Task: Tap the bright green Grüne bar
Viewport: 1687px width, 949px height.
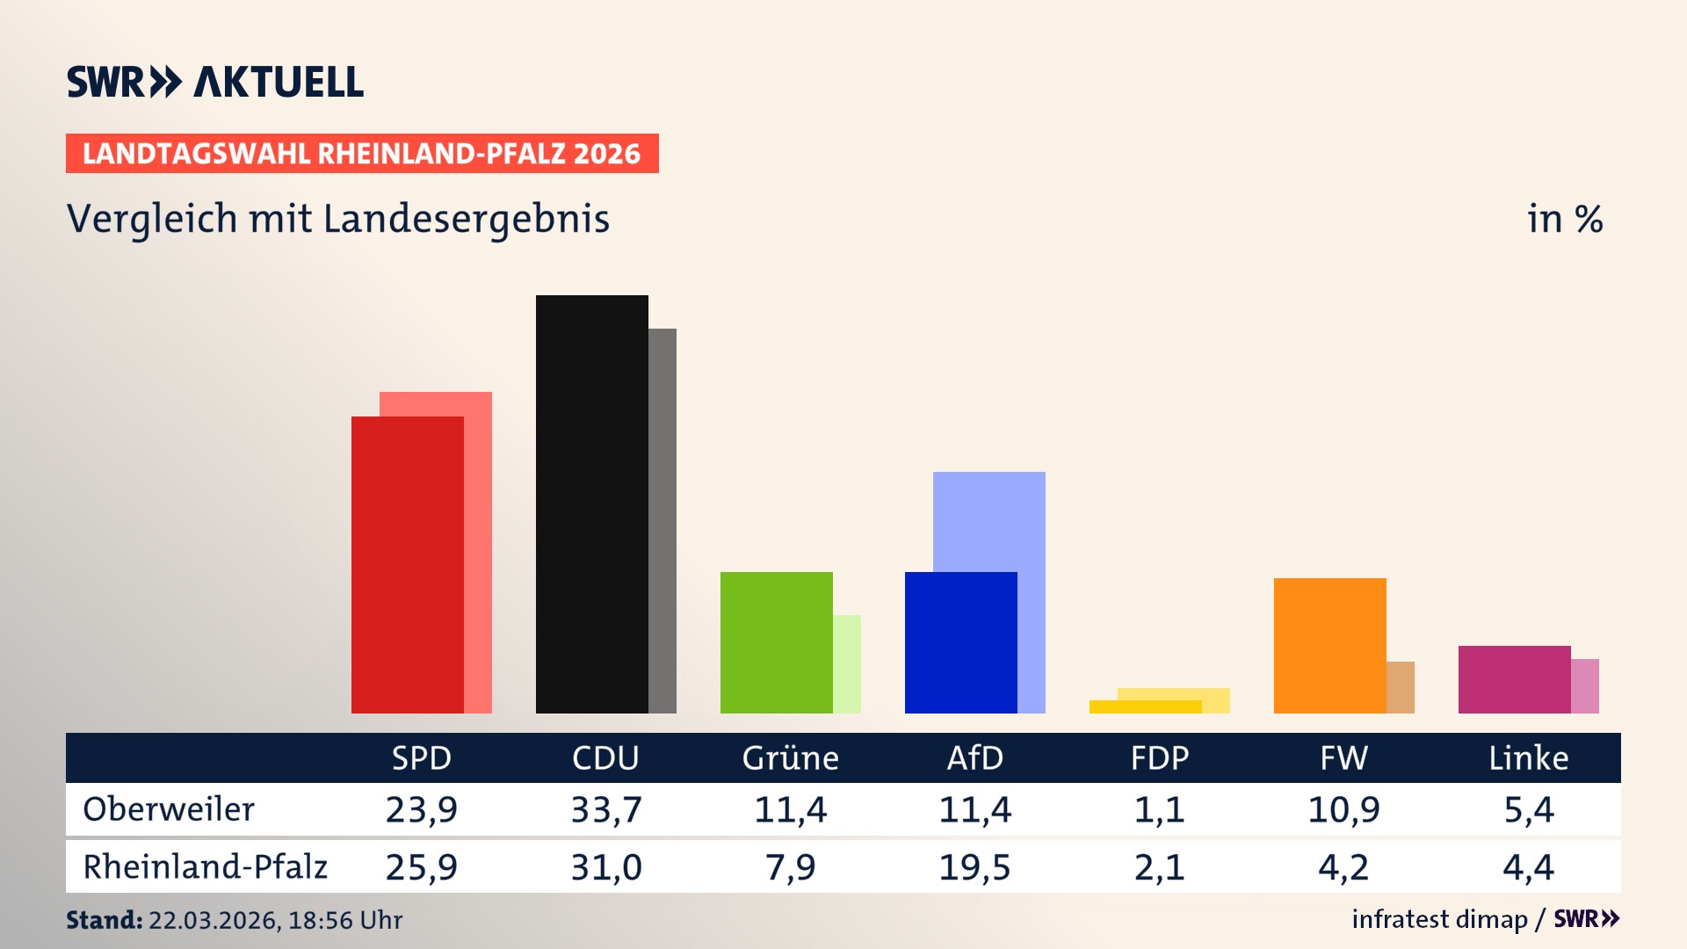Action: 776,642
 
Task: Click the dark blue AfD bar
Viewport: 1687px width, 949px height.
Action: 960,642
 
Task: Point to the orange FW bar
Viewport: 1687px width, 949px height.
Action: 1329,645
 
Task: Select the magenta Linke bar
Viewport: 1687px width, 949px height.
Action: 1514,679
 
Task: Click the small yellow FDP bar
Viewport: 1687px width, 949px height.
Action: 1145,706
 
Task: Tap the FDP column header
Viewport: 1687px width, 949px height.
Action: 1159,757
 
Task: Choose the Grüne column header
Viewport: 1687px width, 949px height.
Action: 790,757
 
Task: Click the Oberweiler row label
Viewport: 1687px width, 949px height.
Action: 169,809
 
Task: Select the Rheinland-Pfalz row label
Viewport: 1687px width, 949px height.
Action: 205,867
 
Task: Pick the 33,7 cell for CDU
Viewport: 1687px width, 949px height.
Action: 606,809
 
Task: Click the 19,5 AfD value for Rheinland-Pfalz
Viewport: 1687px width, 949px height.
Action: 974,867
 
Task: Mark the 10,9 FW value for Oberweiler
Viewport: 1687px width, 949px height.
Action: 1343,809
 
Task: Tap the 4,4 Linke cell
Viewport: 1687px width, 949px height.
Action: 1528,867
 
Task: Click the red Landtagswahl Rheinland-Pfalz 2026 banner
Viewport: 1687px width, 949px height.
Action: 362,154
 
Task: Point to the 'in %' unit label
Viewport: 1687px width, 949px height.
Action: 1564,220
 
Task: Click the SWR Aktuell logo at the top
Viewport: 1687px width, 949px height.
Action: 215,82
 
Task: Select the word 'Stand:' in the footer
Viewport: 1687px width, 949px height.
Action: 104,920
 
